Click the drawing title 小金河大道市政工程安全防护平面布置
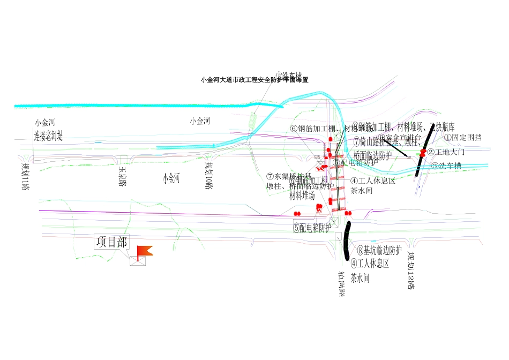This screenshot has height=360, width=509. (254, 80)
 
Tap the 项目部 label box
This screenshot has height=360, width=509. (111, 242)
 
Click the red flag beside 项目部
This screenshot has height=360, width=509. (144, 251)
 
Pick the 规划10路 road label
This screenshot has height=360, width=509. (209, 175)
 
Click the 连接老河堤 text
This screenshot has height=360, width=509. (49, 136)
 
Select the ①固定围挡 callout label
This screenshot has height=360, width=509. (462, 138)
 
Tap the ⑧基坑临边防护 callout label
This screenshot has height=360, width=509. (379, 250)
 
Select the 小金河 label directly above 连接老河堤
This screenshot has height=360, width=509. (45, 123)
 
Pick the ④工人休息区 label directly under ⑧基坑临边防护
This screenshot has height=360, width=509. (369, 264)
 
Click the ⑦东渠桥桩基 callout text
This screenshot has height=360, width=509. (289, 177)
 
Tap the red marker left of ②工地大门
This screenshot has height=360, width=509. (423, 153)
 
